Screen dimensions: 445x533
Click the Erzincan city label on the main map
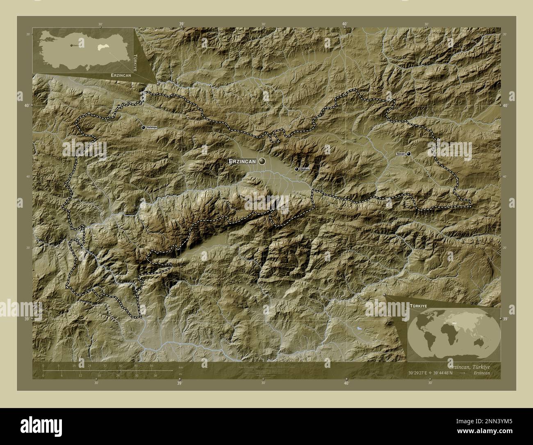pyautogui.click(x=242, y=162)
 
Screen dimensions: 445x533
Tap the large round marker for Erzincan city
pyautogui.click(x=262, y=162)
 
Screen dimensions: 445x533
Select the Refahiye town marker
pyautogui.click(x=143, y=128)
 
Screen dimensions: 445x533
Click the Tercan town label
pyautogui.click(x=401, y=154)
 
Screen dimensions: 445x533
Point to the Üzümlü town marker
pyautogui.click(x=296, y=169)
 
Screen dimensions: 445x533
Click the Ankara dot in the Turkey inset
pyautogui.click(x=71, y=45)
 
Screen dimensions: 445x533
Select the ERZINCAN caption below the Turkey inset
pyautogui.click(x=121, y=76)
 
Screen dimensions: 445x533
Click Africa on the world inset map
pyautogui.click(x=446, y=334)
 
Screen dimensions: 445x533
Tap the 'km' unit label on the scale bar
pyautogui.click(x=180, y=367)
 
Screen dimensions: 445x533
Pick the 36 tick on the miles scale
pyautogui.click(x=155, y=375)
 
